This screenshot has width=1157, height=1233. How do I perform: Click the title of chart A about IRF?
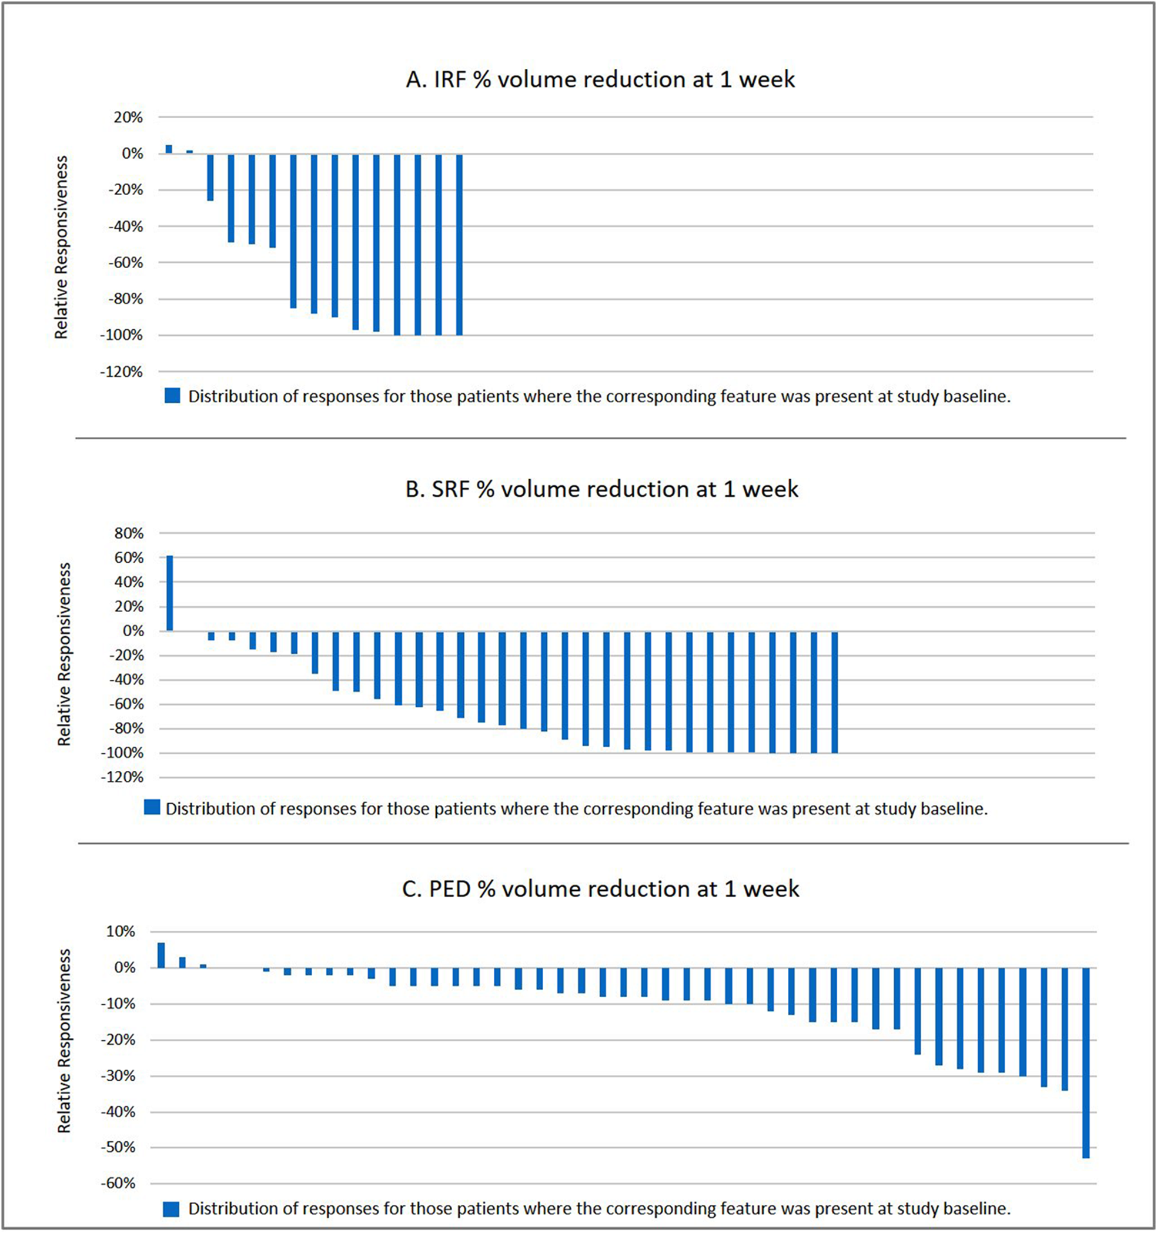coord(600,80)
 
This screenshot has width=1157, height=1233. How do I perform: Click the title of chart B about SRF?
coord(601,489)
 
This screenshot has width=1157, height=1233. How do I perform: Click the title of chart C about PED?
coord(600,890)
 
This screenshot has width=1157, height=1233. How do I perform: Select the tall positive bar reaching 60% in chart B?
coord(170,593)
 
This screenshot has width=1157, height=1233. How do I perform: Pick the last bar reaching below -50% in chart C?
coord(1086,1062)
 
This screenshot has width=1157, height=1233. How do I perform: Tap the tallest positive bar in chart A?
coord(169,149)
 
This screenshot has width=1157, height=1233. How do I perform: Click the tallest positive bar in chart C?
coord(161,955)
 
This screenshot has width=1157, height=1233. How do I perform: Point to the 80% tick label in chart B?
coord(129,533)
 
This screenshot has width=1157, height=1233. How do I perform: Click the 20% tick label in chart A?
coord(128,117)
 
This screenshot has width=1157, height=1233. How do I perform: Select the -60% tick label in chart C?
coord(118,1184)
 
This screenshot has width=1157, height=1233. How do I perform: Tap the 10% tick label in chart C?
coord(121,931)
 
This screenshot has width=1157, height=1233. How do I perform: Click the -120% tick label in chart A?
coord(122,372)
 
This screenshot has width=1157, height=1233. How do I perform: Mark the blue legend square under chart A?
coord(172,396)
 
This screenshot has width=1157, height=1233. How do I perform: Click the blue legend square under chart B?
coord(152,807)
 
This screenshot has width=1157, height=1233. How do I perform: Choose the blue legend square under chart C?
coord(171,1209)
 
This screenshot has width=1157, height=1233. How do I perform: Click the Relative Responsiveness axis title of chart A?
coord(61,247)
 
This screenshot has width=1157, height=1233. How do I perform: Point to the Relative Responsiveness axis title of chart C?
coord(64,1041)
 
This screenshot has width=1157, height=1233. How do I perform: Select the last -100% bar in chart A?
coord(460,245)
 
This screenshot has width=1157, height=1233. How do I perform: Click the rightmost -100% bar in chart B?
coord(835,692)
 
